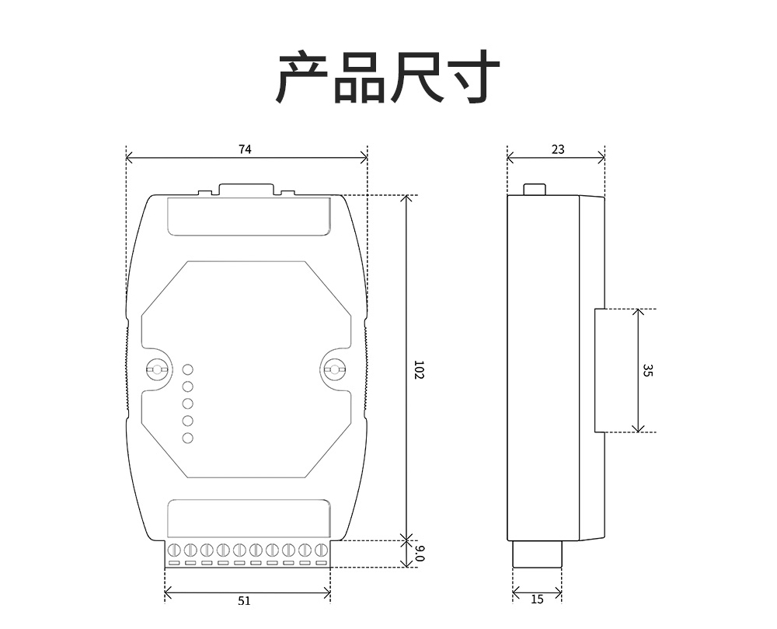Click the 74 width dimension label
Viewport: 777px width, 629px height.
coord(245,150)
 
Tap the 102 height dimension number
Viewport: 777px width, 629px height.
coord(418,369)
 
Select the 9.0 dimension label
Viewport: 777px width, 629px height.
coord(419,554)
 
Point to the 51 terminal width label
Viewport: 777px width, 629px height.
coord(244,600)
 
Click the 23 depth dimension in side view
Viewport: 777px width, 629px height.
coord(558,149)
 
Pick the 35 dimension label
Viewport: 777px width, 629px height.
coord(647,370)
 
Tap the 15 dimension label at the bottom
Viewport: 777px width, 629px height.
coord(537,599)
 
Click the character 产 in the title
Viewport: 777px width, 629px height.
coord(303,77)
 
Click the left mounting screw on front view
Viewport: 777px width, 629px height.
coord(158,369)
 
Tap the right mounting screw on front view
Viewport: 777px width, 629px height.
coord(335,369)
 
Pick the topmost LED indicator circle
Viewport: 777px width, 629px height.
coord(187,370)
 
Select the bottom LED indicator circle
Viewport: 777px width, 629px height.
coord(187,439)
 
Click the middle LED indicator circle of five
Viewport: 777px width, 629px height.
coord(187,404)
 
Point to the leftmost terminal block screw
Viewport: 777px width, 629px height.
coord(174,550)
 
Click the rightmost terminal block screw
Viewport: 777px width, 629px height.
coord(320,550)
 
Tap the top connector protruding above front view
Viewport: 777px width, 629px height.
coord(246,189)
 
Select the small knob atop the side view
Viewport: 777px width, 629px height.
coord(535,189)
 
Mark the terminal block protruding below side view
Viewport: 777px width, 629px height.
coord(537,554)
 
